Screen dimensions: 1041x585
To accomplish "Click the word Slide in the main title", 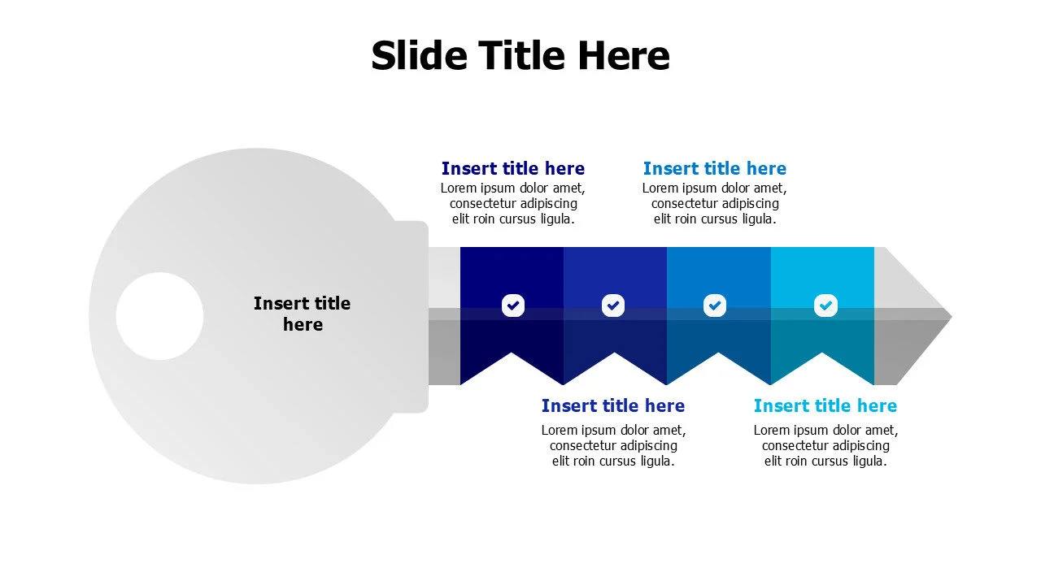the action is pyautogui.click(x=419, y=55).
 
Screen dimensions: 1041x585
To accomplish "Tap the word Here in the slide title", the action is pyautogui.click(x=624, y=55).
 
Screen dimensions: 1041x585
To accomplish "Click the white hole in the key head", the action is pyautogui.click(x=159, y=316).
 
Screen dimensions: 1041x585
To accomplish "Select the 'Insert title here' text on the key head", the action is pyautogui.click(x=302, y=314).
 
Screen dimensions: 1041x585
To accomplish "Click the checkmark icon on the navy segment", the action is pyautogui.click(x=513, y=305).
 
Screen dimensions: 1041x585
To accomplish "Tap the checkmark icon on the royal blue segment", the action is pyautogui.click(x=613, y=305).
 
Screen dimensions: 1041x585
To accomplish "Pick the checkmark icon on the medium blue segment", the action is pyautogui.click(x=715, y=305).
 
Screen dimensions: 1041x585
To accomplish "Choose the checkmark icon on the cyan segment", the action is pyautogui.click(x=825, y=305).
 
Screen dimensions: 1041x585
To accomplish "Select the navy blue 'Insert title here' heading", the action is pyautogui.click(x=513, y=168).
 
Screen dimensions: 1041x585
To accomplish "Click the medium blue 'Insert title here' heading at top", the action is pyautogui.click(x=715, y=168).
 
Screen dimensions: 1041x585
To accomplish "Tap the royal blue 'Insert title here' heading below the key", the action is pyautogui.click(x=613, y=405).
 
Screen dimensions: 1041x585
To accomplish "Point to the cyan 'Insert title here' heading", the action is pyautogui.click(x=825, y=405).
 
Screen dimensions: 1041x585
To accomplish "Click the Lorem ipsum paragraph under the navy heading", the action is pyautogui.click(x=513, y=203).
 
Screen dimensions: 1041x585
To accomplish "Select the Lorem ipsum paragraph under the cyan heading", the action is pyautogui.click(x=825, y=445).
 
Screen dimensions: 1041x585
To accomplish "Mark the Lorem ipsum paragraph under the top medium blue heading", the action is pyautogui.click(x=715, y=203).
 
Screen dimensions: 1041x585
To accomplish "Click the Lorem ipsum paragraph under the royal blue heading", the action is pyautogui.click(x=613, y=445).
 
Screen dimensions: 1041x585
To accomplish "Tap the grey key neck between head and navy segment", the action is pyautogui.click(x=444, y=316).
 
